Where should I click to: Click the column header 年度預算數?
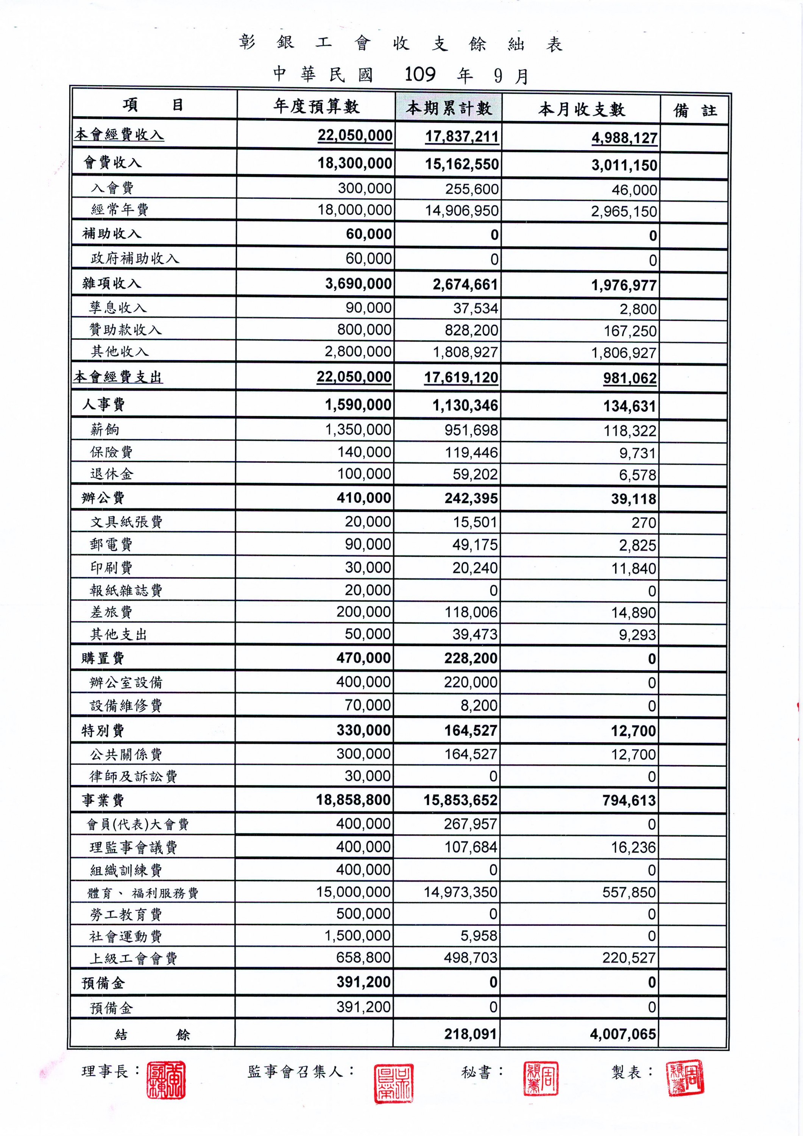coord(316,106)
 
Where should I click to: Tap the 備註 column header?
coord(695,110)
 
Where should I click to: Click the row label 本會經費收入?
coord(119,134)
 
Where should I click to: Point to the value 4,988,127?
coord(624,138)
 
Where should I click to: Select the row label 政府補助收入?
coord(134,258)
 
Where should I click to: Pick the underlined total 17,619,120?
coord(461,378)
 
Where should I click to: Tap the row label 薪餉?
coord(105,429)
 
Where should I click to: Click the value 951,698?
coord(471,430)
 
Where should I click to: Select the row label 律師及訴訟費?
coord(133,776)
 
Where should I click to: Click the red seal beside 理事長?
coord(166,1079)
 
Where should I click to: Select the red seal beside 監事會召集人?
coord(393,1083)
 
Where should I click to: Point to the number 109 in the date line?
coord(420,74)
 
